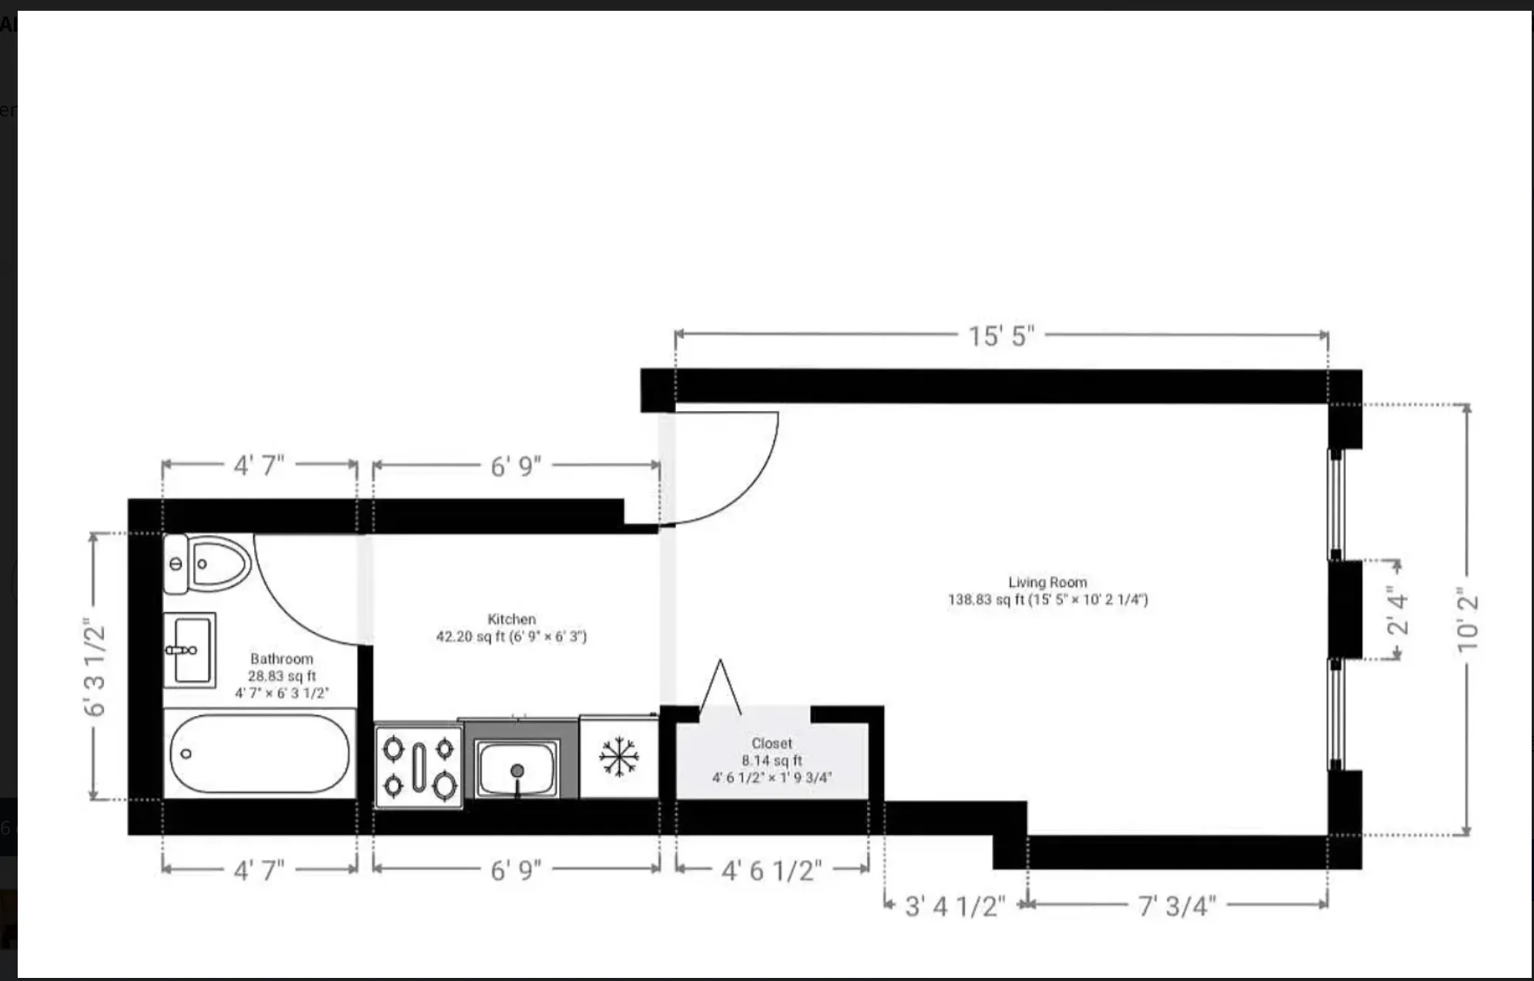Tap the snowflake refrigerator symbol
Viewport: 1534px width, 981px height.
[619, 757]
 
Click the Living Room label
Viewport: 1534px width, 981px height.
[1047, 583]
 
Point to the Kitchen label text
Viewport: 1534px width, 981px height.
[511, 619]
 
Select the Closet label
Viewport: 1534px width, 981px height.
[772, 744]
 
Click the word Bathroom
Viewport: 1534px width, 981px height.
[282, 659]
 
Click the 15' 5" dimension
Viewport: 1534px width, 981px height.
[1000, 336]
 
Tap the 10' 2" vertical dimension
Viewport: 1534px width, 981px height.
[1467, 621]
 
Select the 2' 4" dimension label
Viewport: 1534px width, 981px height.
[1397, 610]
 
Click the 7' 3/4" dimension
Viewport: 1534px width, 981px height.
[1177, 906]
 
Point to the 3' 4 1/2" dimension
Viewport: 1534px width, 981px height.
[955, 906]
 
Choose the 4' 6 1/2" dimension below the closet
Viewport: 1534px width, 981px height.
[772, 871]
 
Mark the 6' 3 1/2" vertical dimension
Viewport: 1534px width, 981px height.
[95, 667]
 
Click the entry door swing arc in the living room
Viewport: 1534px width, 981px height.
[759, 485]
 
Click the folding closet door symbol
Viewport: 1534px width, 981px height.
[721, 688]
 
